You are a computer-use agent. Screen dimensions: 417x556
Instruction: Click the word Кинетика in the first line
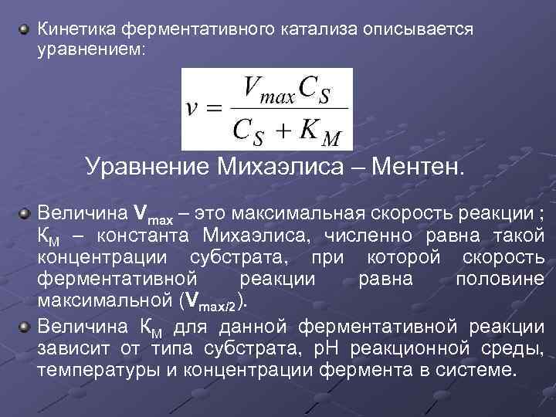pos(75,29)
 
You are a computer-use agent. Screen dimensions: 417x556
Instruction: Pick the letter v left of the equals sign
pos(194,108)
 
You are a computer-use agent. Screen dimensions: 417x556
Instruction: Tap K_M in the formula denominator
pos(318,131)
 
